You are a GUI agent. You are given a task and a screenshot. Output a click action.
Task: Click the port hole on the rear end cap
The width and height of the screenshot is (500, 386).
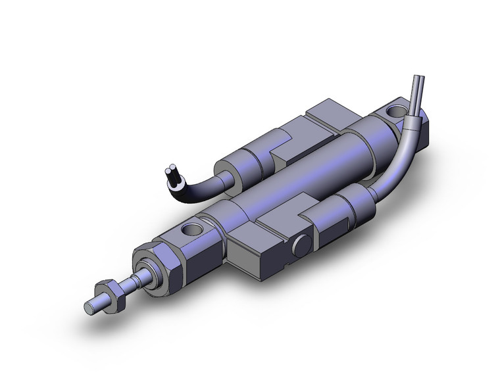pyautogui.click(x=399, y=110)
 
